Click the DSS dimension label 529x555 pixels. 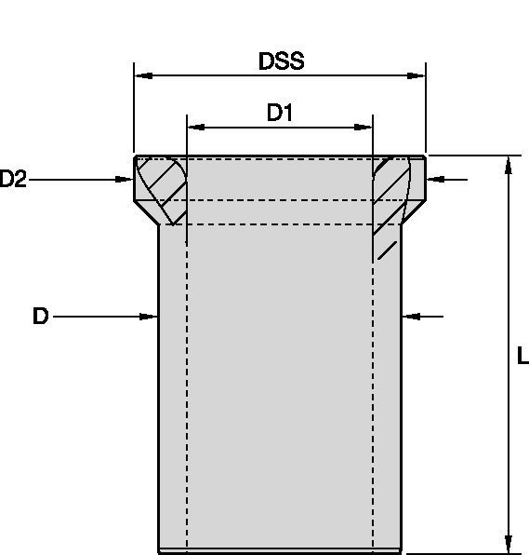281,61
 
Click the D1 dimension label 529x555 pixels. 280,114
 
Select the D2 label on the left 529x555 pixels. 13,180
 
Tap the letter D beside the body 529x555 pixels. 40,317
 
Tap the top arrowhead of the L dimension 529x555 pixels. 508,164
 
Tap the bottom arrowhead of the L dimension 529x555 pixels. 508,544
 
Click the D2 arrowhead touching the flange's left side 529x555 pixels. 127,179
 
